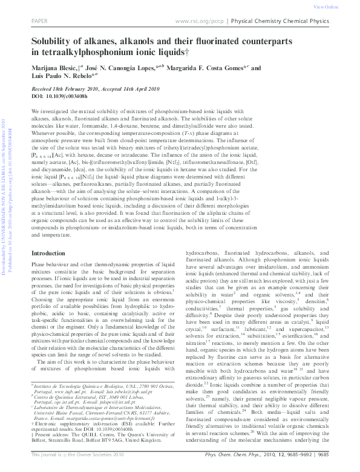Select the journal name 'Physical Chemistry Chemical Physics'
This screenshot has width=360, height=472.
point(282,21)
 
